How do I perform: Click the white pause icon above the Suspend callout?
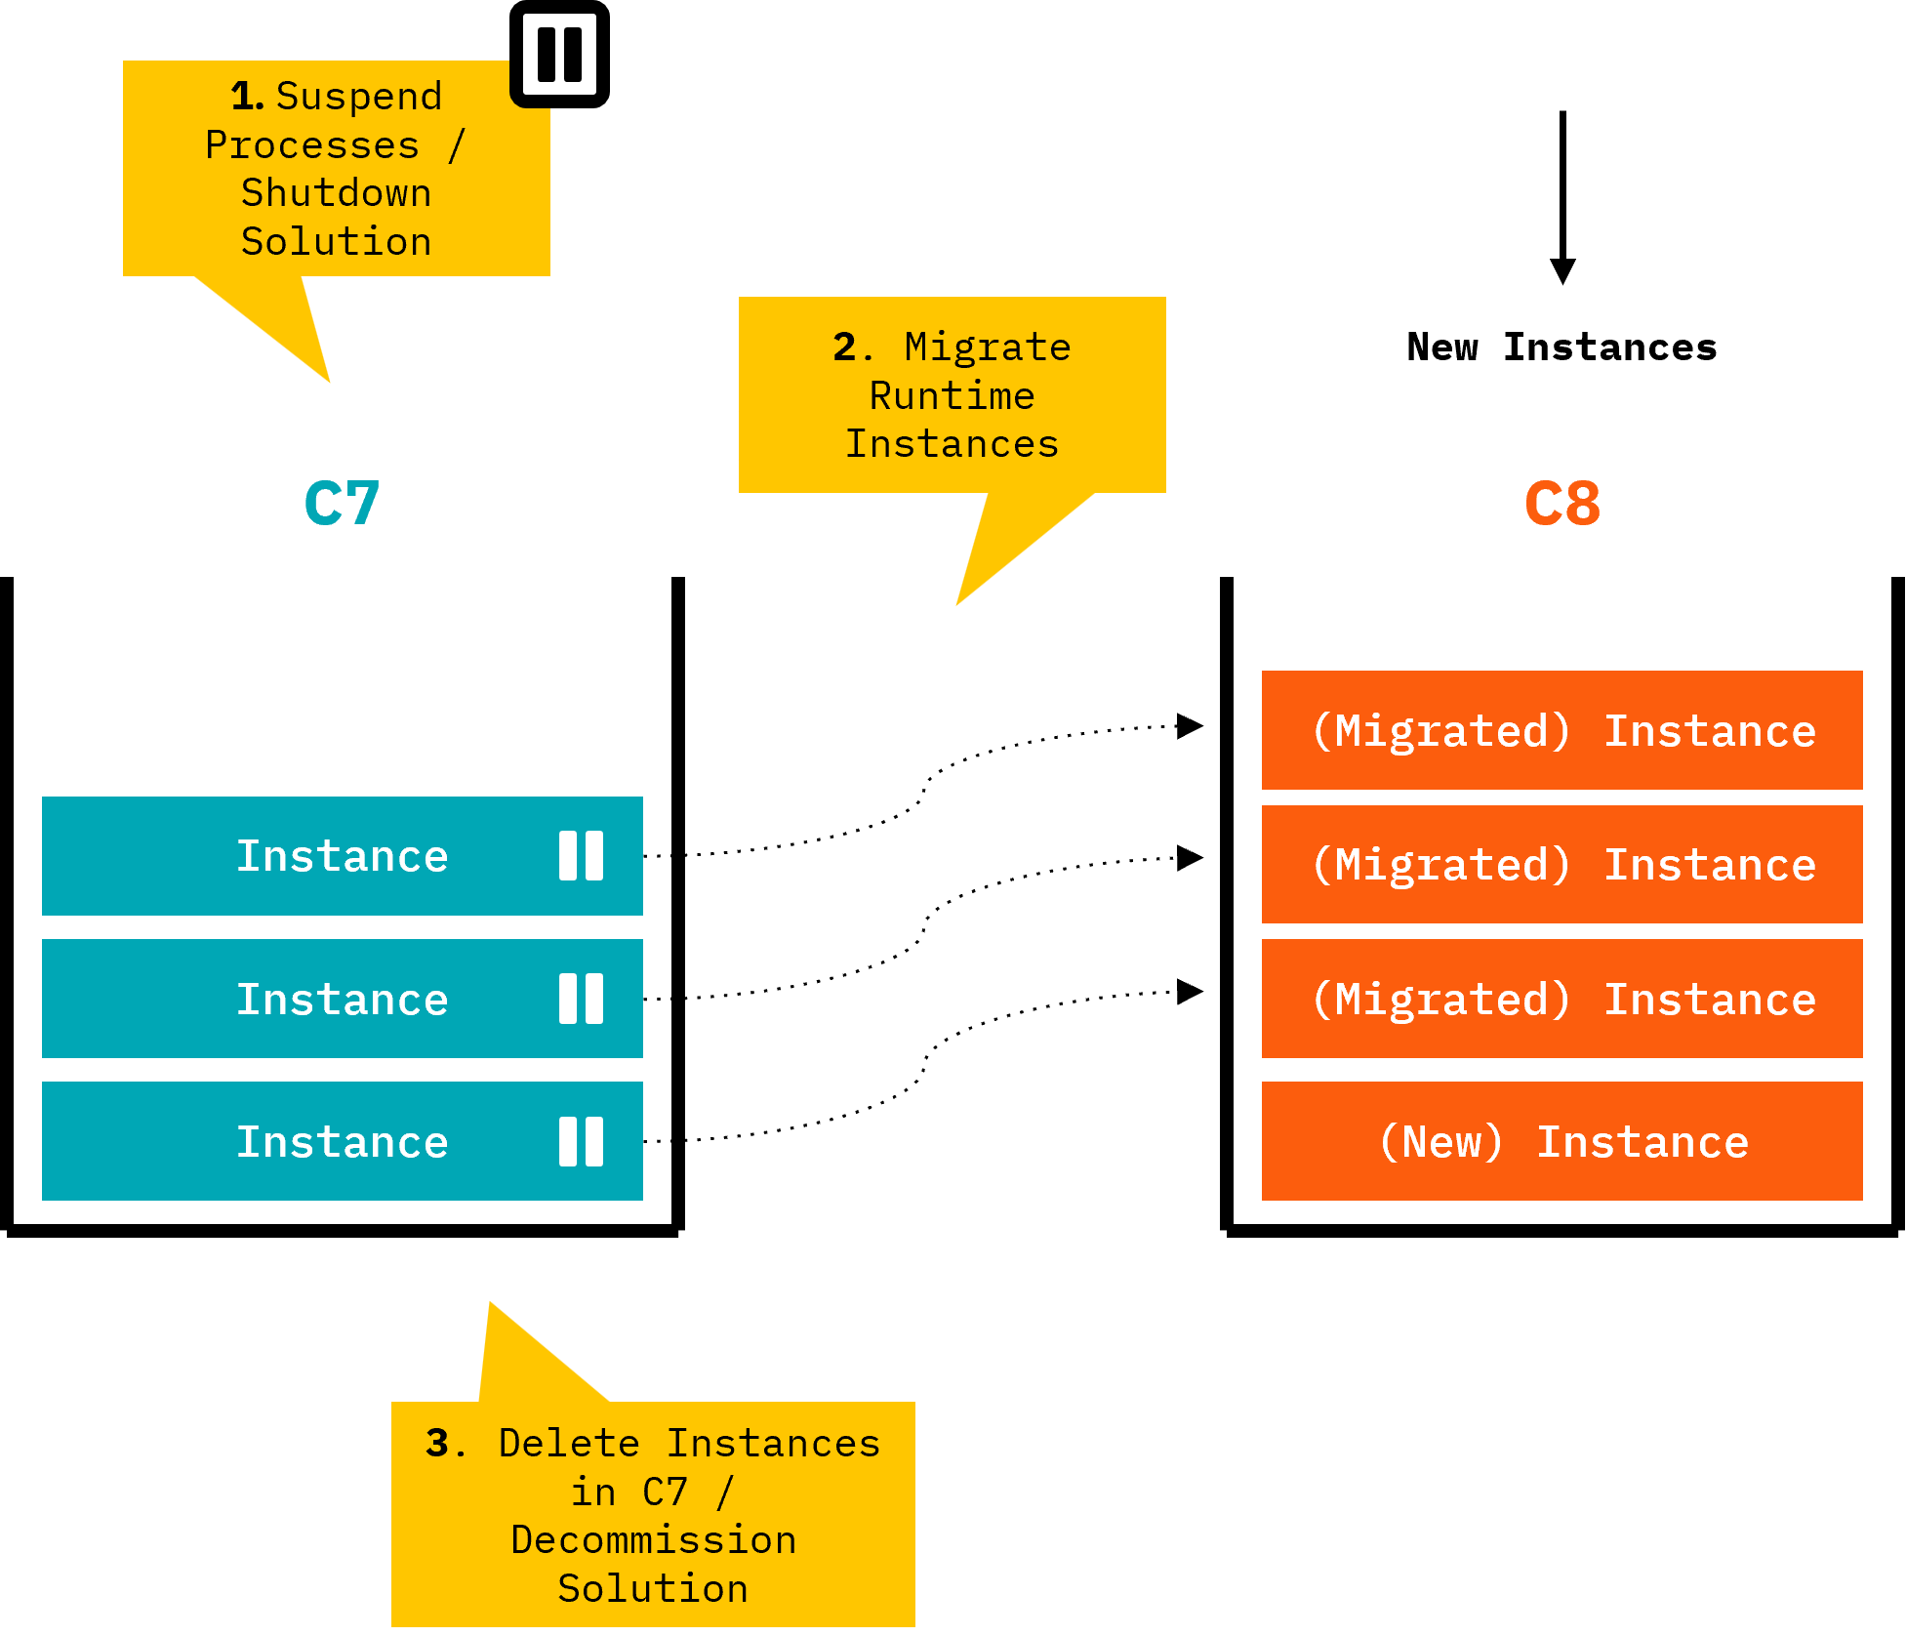[559, 55]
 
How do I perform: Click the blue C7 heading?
[342, 504]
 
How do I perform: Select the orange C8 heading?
[1562, 504]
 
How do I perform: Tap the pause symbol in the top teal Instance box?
[581, 856]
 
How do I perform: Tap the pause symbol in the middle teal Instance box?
[581, 999]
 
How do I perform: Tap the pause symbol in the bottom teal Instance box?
[581, 1141]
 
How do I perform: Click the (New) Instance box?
[1561, 1141]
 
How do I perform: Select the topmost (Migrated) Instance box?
[1561, 730]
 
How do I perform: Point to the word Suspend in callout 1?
[359, 97]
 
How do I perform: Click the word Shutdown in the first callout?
[336, 193]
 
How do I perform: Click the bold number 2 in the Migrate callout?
[844, 348]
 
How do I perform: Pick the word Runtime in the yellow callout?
[952, 396]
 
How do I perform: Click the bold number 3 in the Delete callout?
[437, 1444]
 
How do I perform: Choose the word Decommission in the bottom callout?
[653, 1540]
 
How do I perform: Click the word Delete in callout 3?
[569, 1444]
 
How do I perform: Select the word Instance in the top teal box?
[343, 856]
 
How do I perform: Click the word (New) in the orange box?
[1441, 1142]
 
